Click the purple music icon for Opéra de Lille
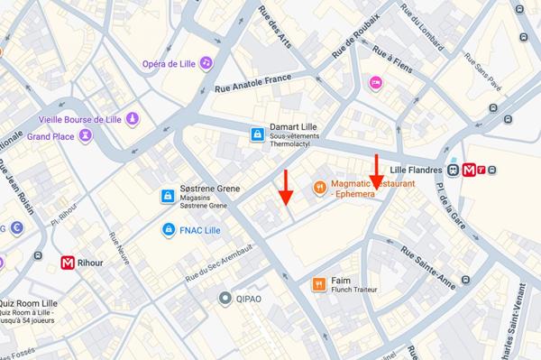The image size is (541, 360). pyautogui.click(x=206, y=62)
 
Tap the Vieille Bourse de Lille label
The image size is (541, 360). pyautogui.click(x=81, y=119)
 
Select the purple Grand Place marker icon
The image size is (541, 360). pyautogui.click(x=86, y=136)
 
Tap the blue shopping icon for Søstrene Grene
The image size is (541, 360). pyautogui.click(x=167, y=196)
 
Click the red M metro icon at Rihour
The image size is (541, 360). pyautogui.click(x=68, y=263)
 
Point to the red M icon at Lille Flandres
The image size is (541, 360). pyautogui.click(x=469, y=170)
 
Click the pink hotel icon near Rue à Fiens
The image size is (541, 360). pyautogui.click(x=376, y=83)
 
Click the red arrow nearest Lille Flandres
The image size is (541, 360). pyautogui.click(x=377, y=171)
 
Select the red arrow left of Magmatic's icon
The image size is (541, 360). pyautogui.click(x=285, y=187)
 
